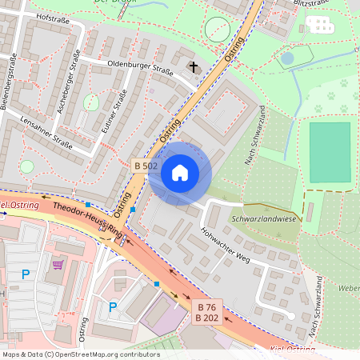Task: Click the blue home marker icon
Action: (x=180, y=173)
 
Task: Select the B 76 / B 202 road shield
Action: (x=207, y=312)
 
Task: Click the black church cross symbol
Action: (x=192, y=66)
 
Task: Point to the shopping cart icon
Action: (x=57, y=263)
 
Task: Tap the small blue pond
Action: (x=287, y=58)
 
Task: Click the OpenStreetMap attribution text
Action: (x=80, y=354)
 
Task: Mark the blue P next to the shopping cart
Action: (x=26, y=274)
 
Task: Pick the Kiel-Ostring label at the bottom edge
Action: (x=291, y=350)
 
